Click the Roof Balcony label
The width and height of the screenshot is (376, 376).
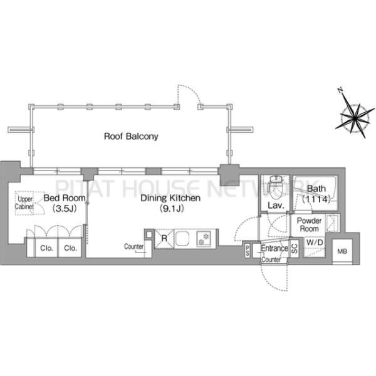coord(131,137)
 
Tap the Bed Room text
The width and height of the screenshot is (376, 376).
coord(65,198)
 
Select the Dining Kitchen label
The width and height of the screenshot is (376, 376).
coord(170,198)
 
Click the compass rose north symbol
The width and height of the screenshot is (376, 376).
coord(340,91)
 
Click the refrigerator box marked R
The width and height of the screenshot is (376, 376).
coord(164,238)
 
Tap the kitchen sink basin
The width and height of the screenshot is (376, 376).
coord(182,238)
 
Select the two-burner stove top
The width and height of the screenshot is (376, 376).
coord(204,239)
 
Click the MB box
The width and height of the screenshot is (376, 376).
coord(342,251)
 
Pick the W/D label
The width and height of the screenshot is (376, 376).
coord(315,243)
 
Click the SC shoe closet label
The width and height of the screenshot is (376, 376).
coord(295,248)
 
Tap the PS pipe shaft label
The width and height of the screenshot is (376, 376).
coord(248,251)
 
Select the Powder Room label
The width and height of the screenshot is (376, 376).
coord(309,224)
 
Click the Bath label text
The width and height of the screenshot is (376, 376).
coord(316,189)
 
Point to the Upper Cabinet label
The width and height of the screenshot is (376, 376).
coord(24,202)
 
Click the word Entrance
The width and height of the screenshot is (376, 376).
coord(274,248)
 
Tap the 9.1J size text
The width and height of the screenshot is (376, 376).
coord(172,209)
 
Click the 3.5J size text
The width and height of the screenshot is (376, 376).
coord(65,209)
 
